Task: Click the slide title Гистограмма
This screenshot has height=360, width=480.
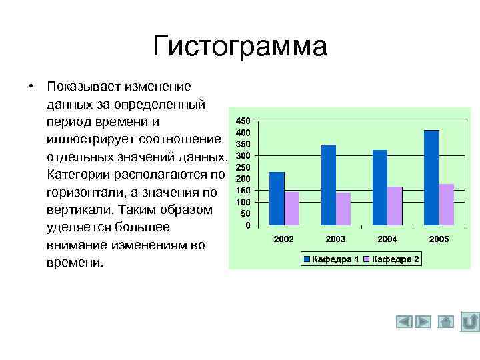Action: pos(240,47)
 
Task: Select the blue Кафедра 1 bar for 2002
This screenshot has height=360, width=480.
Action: pos(276,199)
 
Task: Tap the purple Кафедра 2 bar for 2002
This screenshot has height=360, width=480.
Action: pos(291,209)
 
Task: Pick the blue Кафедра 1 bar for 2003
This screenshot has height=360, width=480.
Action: pos(328,185)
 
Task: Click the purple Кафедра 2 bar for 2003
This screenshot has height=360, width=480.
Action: pos(343,209)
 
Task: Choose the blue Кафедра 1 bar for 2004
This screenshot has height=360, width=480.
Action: pos(380,187)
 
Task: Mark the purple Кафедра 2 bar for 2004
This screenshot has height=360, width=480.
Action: pos(395,206)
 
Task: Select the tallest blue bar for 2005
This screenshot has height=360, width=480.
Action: pos(431,177)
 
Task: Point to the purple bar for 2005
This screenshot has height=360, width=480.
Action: pos(447,205)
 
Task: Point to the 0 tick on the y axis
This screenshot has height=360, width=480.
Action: pos(247,225)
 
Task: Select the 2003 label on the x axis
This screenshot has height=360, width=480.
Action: pos(335,239)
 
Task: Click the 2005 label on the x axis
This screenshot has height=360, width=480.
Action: pos(439,239)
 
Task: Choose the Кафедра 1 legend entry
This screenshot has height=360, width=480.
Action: pos(331,259)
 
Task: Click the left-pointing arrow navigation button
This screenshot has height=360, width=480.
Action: pos(404,322)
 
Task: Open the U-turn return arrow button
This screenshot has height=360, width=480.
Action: pos(470,322)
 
